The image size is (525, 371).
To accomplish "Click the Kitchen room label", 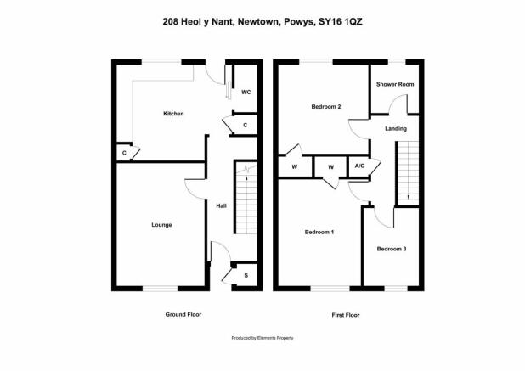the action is pyautogui.click(x=173, y=114).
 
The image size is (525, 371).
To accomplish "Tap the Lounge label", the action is pyautogui.click(x=161, y=225).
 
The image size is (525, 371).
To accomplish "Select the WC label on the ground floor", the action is pyautogui.click(x=246, y=93).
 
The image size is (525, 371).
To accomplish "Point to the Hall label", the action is pyautogui.click(x=222, y=206).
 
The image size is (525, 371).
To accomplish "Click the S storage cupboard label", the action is pyautogui.click(x=246, y=276).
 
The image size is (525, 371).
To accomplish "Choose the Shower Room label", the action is pyautogui.click(x=395, y=84).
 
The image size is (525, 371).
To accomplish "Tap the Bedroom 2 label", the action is pyautogui.click(x=326, y=107).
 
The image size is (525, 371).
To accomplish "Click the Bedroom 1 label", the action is pyautogui.click(x=319, y=232).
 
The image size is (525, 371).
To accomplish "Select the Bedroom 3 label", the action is pyautogui.click(x=392, y=249).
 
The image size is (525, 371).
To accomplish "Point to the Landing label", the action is pyautogui.click(x=396, y=128).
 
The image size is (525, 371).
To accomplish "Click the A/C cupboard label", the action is pyautogui.click(x=359, y=166).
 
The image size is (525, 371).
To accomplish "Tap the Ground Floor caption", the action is pyautogui.click(x=183, y=314).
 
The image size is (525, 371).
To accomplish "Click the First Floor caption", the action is pyautogui.click(x=346, y=315).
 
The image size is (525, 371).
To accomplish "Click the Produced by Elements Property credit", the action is pyautogui.click(x=262, y=338).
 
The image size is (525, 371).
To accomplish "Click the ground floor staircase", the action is pyautogui.click(x=246, y=199).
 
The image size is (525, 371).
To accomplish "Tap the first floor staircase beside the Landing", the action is pyautogui.click(x=408, y=173).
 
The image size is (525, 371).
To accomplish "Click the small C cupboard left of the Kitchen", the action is pyautogui.click(x=124, y=153).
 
